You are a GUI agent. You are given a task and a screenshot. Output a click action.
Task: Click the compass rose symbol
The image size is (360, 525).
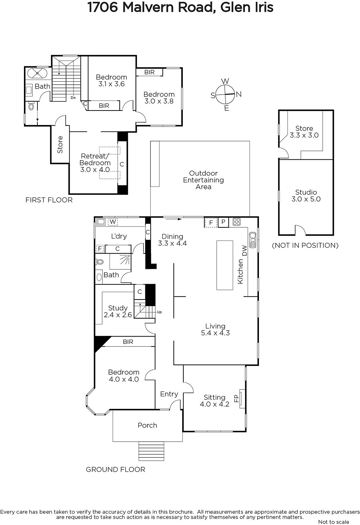[225, 94]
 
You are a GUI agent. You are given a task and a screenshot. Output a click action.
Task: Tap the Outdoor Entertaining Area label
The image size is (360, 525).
[203, 180]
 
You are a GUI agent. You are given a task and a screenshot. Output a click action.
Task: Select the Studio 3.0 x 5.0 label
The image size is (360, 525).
[306, 196]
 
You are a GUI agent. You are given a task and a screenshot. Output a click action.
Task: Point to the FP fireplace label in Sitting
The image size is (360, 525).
[236, 398]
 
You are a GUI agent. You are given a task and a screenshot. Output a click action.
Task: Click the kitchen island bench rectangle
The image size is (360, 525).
[224, 265]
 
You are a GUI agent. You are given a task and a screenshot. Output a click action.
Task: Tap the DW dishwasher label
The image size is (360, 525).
[244, 250]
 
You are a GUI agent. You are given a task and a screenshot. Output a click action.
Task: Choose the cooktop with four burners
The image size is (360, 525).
[237, 222]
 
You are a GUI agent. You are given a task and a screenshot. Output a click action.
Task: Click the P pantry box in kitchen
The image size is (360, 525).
[223, 222]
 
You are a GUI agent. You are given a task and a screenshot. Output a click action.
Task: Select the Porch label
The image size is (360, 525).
[147, 425]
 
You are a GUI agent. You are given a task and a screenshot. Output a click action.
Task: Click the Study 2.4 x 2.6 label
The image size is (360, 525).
[118, 311]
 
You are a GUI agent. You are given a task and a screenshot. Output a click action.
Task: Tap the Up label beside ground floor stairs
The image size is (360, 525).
[159, 312]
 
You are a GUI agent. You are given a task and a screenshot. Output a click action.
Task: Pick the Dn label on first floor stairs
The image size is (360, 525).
[73, 97]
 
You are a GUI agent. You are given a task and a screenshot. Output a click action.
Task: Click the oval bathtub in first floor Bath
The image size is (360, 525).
[37, 73]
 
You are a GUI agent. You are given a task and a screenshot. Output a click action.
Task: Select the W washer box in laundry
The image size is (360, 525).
[113, 222]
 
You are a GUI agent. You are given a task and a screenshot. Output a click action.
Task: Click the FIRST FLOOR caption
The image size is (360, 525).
[49, 200]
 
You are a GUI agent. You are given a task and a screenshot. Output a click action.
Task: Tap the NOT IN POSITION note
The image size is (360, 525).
[305, 245]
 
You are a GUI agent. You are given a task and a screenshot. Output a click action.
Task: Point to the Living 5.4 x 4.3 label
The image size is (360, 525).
[215, 329]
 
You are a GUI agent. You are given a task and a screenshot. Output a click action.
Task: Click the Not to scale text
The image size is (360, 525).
[333, 522]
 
